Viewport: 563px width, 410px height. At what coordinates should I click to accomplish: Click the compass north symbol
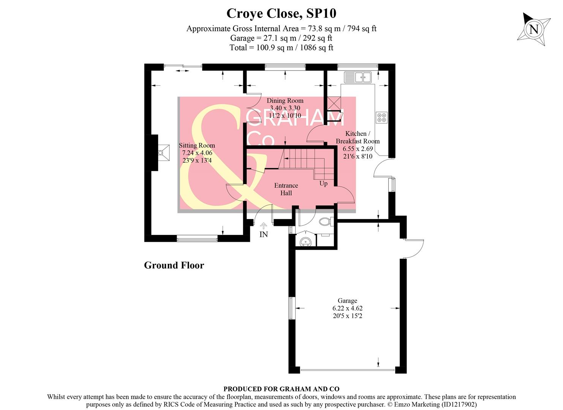(534, 29)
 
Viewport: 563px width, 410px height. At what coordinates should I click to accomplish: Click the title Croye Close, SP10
(281, 13)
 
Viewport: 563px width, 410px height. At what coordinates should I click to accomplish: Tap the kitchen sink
(357, 77)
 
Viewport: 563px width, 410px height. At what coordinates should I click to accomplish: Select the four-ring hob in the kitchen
(382, 117)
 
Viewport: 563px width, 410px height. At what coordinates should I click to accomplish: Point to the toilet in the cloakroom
(326, 221)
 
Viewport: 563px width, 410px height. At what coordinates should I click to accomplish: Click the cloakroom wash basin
(305, 241)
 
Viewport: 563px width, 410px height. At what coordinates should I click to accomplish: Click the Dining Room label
(285, 101)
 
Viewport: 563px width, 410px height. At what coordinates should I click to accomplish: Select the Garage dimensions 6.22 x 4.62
(347, 308)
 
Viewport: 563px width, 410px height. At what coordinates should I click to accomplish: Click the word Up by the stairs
(323, 184)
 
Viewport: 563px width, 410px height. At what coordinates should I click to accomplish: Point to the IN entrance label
(263, 234)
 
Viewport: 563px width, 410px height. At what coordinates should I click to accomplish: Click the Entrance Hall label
(286, 189)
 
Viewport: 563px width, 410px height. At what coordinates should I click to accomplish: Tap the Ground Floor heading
(174, 265)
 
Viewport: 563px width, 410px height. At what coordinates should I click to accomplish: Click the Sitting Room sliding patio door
(183, 67)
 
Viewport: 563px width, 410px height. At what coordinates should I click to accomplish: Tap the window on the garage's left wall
(292, 308)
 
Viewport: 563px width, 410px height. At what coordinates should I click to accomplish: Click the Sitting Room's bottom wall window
(197, 238)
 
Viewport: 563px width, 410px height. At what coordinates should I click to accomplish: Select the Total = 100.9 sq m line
(281, 48)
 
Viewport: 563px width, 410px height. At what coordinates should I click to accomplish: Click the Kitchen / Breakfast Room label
(357, 137)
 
